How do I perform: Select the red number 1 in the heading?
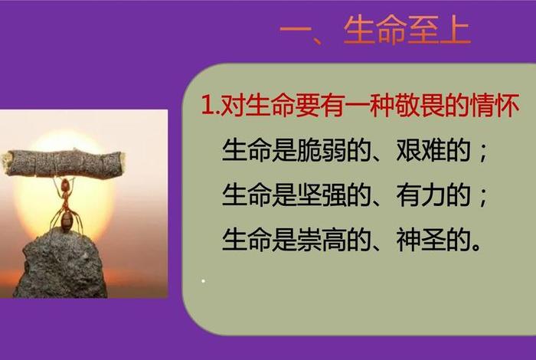click(206, 106)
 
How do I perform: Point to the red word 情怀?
click(497, 106)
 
